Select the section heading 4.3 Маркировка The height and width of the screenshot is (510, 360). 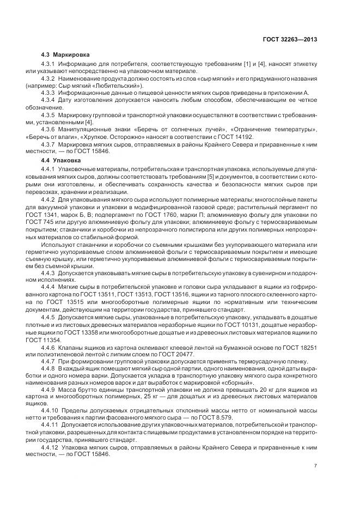(x=66, y=55)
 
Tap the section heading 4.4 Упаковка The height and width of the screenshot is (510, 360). (x=62, y=161)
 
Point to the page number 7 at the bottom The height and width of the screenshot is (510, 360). (x=316, y=465)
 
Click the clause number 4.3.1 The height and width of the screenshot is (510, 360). (x=50, y=65)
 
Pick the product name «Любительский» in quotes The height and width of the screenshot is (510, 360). (x=124, y=86)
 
